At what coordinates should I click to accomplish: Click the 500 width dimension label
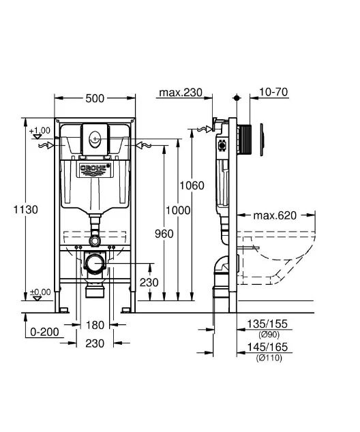(x=95, y=98)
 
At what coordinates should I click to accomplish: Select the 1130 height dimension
(x=26, y=210)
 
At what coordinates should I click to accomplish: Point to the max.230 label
(x=181, y=92)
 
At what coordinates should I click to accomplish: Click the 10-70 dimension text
(x=273, y=92)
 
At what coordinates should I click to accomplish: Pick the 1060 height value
(x=192, y=185)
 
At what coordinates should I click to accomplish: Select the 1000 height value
(x=178, y=211)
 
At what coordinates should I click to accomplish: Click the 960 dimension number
(x=164, y=234)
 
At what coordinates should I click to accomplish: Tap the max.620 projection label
(x=275, y=215)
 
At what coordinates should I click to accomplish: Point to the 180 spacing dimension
(x=95, y=325)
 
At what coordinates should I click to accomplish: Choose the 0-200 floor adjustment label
(x=44, y=332)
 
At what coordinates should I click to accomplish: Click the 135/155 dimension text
(x=267, y=324)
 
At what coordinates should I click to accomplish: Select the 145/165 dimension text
(x=267, y=347)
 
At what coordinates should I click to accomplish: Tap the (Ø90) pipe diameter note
(x=269, y=335)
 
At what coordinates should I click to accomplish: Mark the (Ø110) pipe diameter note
(x=269, y=358)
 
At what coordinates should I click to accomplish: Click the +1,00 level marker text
(x=40, y=130)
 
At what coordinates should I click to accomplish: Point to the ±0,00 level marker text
(x=40, y=292)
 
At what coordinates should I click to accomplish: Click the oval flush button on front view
(x=95, y=137)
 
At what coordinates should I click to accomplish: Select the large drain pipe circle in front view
(x=95, y=264)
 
